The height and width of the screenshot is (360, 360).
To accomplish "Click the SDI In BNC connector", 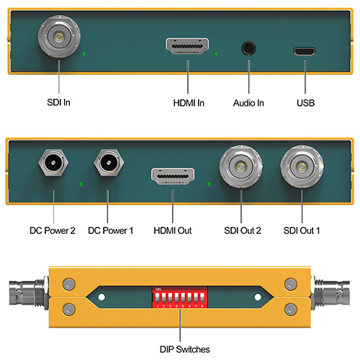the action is (59, 37).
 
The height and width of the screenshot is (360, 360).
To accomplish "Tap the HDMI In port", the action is (187, 46).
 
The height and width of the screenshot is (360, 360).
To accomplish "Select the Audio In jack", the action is (248, 48).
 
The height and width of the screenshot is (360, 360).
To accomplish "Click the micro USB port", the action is (305, 51).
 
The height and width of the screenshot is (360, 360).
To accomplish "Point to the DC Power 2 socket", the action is (53, 163).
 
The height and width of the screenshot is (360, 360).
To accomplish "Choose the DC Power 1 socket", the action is (109, 163).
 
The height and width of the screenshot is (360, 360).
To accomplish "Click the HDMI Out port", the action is (173, 176).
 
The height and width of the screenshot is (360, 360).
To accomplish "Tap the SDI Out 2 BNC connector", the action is (240, 166).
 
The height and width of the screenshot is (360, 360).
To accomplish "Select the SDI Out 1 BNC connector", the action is (302, 166).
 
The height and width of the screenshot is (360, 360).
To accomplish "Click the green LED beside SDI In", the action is (84, 53).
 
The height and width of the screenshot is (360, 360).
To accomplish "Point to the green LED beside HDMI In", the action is (216, 54).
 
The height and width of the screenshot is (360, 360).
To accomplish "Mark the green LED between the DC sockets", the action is (81, 184).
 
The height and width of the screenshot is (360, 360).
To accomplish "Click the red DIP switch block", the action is (180, 297).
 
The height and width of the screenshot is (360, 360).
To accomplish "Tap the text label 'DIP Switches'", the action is (184, 349).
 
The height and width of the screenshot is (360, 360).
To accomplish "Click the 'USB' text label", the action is (305, 103).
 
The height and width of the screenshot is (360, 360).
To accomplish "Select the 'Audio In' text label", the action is (248, 103).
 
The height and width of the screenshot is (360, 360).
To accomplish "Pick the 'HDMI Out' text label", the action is (173, 230).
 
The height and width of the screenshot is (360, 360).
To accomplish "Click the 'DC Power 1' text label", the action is (110, 230).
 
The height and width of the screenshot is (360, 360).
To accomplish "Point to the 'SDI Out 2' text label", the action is (243, 230).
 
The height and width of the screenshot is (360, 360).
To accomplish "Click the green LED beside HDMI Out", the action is (209, 184).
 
